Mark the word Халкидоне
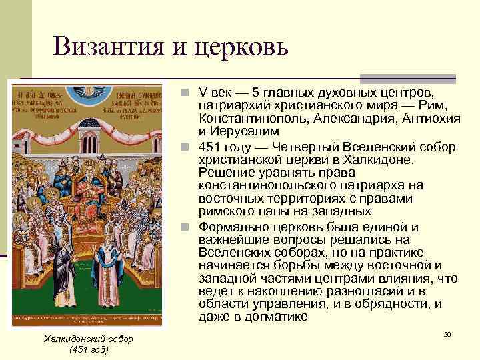(x=377, y=160)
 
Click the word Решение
(x=226, y=173)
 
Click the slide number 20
(x=447, y=333)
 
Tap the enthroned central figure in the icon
(x=89, y=167)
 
